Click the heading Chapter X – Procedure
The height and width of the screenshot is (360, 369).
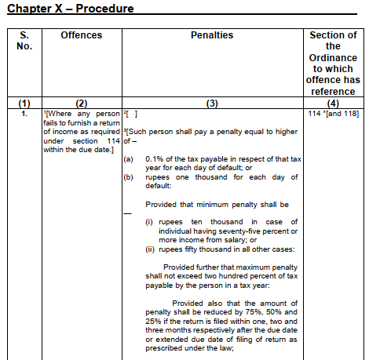[70, 9]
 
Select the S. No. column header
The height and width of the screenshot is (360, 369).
[24, 42]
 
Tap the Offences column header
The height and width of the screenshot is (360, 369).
[82, 35]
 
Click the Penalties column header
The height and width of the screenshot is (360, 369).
[212, 35]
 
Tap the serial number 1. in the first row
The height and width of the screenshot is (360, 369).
[24, 114]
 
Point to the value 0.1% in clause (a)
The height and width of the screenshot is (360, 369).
[155, 158]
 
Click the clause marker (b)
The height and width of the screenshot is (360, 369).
[129, 177]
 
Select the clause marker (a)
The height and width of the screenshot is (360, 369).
[129, 158]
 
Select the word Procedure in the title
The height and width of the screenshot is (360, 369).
[98, 9]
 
